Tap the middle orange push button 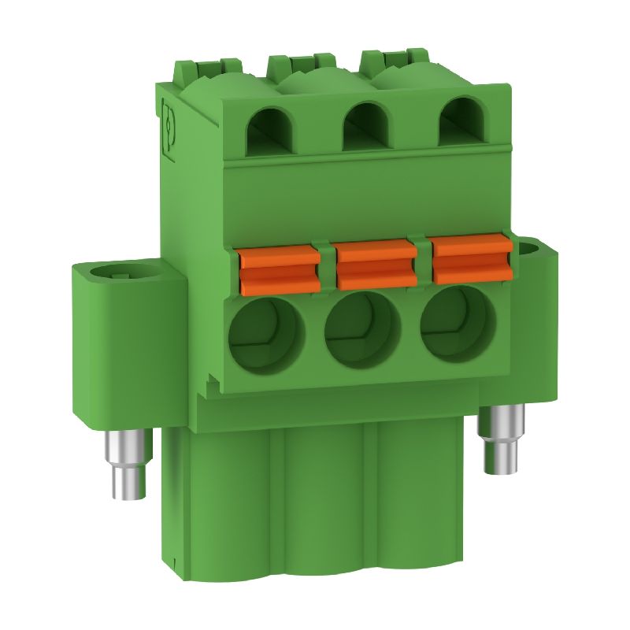coord(375,264)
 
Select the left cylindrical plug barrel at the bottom coord(217,512)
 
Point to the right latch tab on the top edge coord(394,57)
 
